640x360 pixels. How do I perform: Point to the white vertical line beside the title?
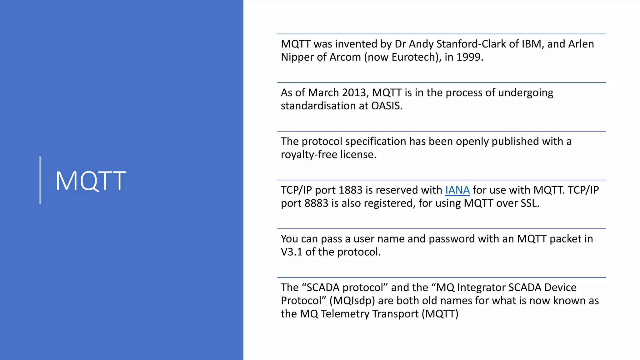pos(40,180)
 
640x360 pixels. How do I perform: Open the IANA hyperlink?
pos(457,190)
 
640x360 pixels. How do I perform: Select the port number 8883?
pos(316,203)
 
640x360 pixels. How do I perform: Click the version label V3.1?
pos(292,252)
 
